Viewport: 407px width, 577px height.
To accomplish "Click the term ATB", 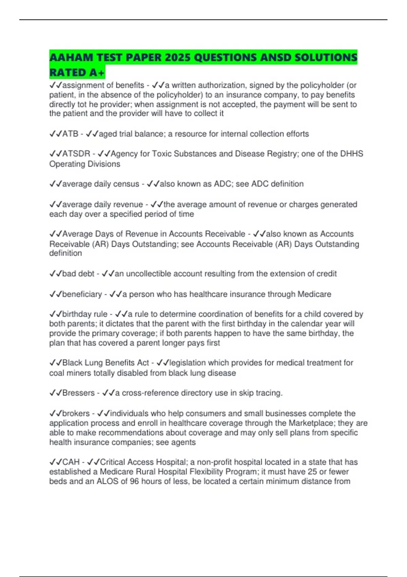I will pyautogui.click(x=70, y=134).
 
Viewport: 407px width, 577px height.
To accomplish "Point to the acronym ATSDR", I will pyautogui.click(x=76, y=154).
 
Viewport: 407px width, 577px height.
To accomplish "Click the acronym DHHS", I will pyautogui.click(x=351, y=154).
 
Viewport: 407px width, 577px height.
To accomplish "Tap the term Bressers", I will pyautogui.click(x=78, y=393).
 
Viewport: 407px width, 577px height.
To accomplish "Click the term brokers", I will pyautogui.click(x=76, y=413).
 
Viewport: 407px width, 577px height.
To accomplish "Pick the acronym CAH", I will pyautogui.click(x=71, y=462).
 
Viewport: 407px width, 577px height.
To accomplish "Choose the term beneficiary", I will pyautogui.click(x=82, y=294).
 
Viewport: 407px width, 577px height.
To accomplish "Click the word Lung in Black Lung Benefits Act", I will pyautogui.click(x=94, y=363).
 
